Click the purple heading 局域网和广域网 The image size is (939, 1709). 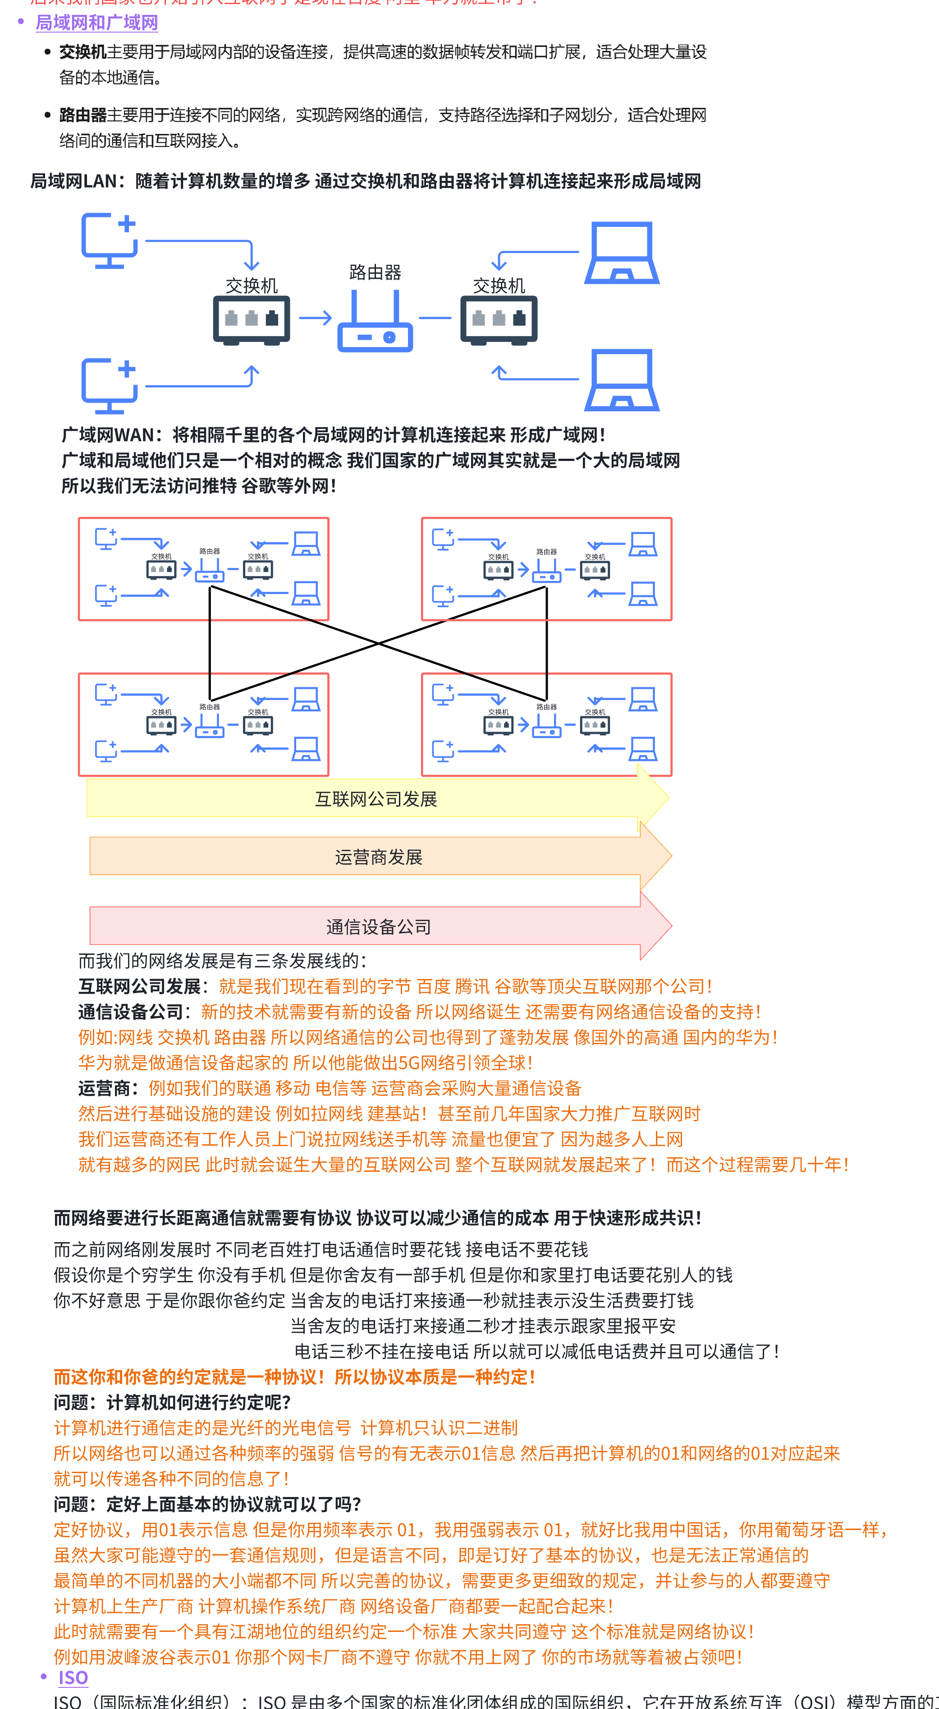(x=97, y=23)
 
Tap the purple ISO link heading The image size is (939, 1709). (x=73, y=1678)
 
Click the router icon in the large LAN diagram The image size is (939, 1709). (x=376, y=324)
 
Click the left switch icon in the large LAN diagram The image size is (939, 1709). (x=252, y=320)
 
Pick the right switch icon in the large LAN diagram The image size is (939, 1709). (x=499, y=320)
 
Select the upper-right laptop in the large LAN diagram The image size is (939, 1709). (x=621, y=253)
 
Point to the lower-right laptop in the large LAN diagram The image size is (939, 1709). (x=621, y=380)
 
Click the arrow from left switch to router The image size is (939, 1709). (x=315, y=318)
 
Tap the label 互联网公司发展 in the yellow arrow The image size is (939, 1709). (x=376, y=799)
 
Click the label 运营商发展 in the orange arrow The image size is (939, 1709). (x=379, y=857)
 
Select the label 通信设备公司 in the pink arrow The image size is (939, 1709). (x=379, y=927)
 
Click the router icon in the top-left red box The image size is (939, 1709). (x=210, y=571)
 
